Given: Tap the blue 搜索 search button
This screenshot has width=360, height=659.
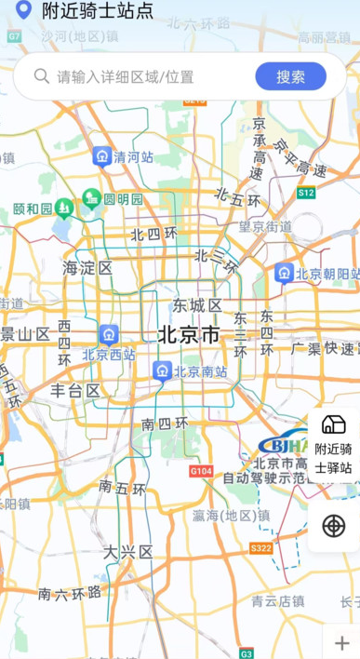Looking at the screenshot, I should (x=290, y=76).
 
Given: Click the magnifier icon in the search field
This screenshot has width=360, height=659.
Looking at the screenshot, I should (x=42, y=76).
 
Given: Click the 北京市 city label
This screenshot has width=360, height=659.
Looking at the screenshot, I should (x=189, y=334).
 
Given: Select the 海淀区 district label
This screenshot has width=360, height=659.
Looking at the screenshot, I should (x=87, y=268).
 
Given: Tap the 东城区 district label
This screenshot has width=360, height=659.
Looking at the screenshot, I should (x=196, y=305).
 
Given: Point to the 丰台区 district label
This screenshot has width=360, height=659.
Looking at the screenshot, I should (x=75, y=391).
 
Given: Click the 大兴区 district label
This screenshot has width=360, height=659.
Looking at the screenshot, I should (x=127, y=552).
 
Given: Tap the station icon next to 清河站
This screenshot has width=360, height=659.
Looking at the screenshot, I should (x=102, y=156).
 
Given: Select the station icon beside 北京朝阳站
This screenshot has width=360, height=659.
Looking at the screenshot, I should (x=285, y=274).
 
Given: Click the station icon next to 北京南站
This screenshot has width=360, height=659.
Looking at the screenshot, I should (x=163, y=372).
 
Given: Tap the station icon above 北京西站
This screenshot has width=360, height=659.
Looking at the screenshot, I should (x=109, y=334).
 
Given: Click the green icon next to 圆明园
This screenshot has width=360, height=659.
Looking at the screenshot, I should (x=91, y=198).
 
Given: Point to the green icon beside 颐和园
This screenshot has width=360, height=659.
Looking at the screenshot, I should (x=64, y=208).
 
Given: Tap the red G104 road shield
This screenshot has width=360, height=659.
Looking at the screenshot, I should (x=201, y=471).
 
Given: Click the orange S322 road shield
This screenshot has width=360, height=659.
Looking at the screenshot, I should (x=260, y=548).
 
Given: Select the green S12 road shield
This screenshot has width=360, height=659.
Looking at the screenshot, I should (x=306, y=192).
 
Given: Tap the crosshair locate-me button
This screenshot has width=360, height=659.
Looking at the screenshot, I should (x=333, y=525).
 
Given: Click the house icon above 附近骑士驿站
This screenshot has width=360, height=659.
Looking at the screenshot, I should (x=333, y=424).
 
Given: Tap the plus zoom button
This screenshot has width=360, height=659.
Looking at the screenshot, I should (x=341, y=643).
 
